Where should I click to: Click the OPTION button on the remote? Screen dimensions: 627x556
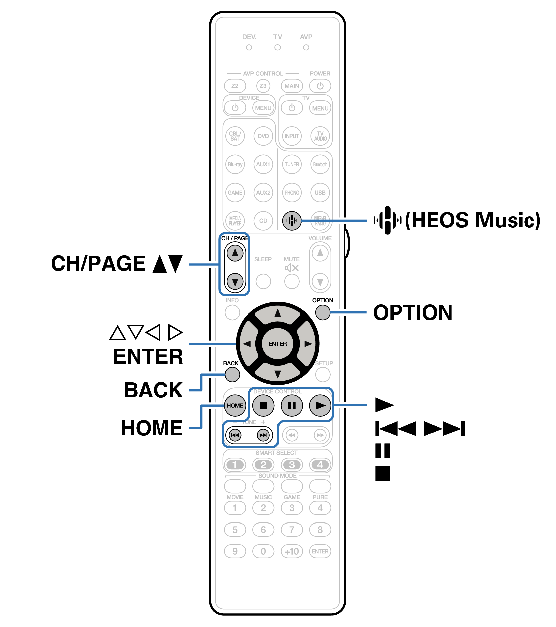coord(322,312)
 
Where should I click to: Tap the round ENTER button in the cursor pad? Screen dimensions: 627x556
coord(277,344)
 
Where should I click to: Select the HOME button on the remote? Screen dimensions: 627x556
coord(235,405)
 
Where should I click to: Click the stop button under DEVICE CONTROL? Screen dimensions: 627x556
coord(263,405)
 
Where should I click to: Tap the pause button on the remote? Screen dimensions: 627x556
coord(292,405)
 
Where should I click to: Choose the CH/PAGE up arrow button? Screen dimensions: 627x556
coord(235,253)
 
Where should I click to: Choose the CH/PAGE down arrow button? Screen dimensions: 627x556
coord(235,282)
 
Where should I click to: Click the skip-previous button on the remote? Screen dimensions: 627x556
coord(235,435)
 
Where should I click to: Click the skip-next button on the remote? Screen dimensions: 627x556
coord(263,435)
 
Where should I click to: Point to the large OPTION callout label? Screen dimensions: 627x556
coord(413,313)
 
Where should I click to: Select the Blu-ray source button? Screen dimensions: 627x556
coord(235,164)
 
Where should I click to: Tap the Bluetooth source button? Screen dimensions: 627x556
coord(320,164)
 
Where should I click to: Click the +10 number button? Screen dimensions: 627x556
coord(292,551)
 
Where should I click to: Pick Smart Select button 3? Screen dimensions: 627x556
coord(292,464)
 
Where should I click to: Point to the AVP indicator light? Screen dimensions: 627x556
coord(306,48)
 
